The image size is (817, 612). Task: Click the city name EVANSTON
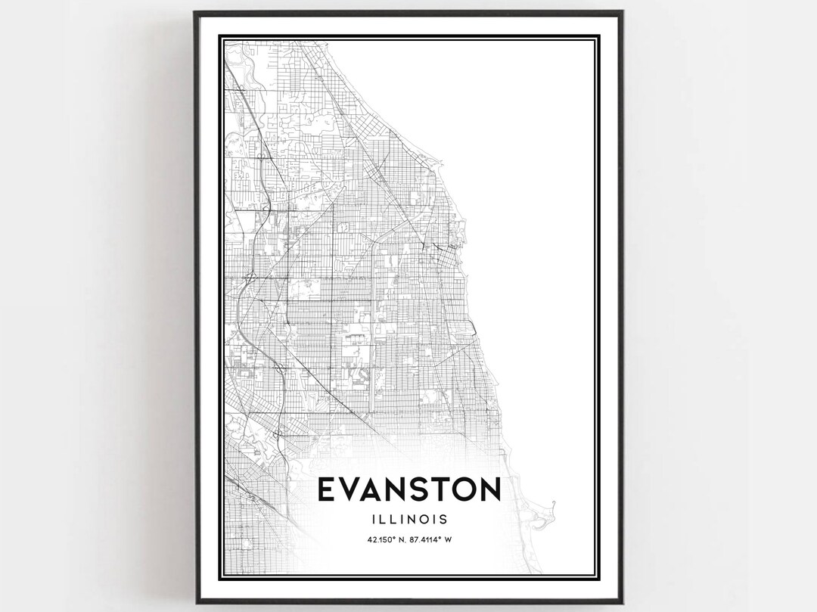(408, 489)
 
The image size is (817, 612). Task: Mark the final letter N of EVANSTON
(492, 489)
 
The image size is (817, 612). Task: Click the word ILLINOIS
(408, 519)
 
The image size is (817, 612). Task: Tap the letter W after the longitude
(449, 539)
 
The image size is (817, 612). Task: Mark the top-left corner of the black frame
(194, 11)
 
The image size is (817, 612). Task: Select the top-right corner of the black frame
(623, 11)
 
